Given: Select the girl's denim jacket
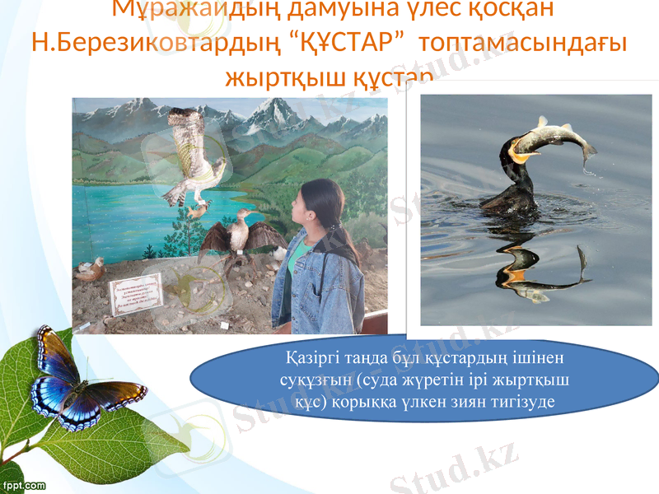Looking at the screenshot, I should (x=317, y=284).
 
